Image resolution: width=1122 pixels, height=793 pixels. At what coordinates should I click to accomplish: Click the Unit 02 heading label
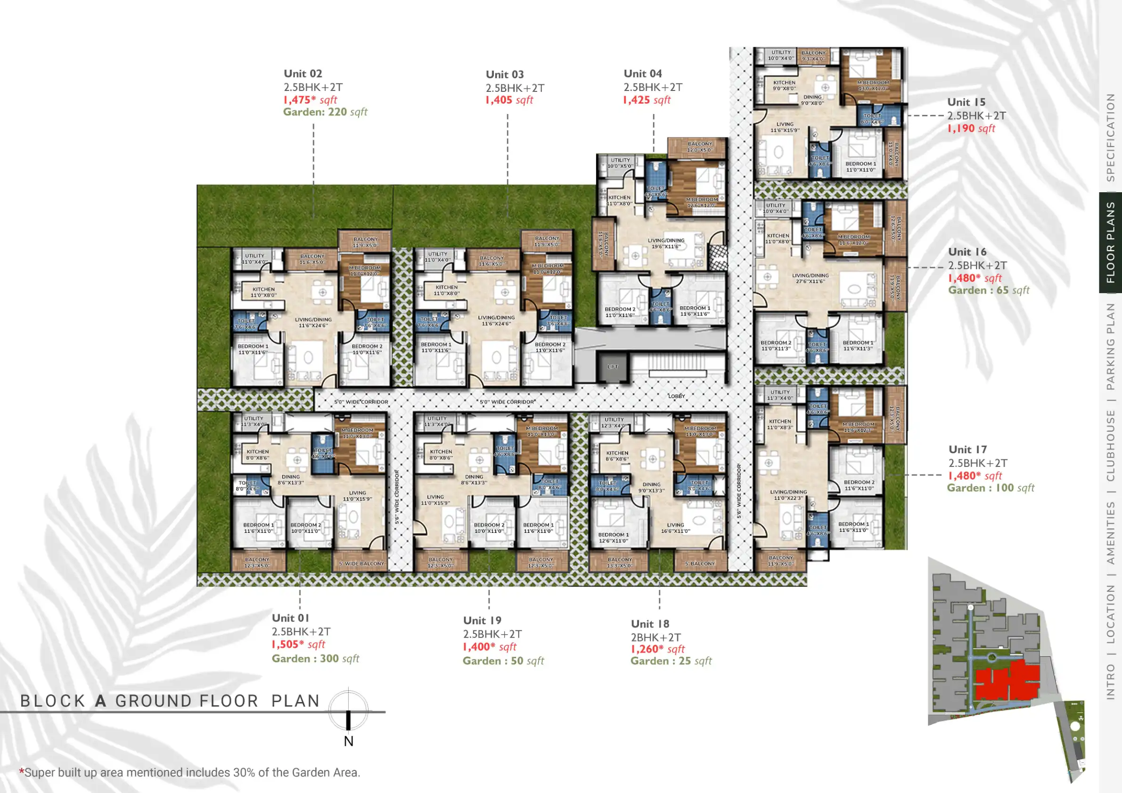point(303,74)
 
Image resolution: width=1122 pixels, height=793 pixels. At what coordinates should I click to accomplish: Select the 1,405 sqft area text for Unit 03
point(509,100)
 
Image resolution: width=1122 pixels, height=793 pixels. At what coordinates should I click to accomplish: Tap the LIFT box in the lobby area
point(612,367)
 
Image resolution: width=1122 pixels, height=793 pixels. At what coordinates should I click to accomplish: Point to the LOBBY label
point(676,396)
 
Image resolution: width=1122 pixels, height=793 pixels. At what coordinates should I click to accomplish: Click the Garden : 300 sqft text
point(315,659)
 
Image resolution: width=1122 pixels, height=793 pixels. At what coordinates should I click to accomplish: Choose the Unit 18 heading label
point(649,624)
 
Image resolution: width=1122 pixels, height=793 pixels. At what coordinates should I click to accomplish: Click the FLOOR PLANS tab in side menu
point(1110,243)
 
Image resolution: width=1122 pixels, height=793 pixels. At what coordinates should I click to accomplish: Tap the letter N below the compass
point(348,741)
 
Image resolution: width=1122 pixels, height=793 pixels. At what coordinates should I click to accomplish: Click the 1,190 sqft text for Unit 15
point(971,129)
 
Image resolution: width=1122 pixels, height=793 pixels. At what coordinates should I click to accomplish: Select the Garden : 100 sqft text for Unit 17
point(991,488)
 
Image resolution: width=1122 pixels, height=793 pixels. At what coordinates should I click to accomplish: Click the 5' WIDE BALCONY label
point(361,564)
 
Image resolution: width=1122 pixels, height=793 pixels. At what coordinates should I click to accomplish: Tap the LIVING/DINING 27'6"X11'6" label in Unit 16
point(810,278)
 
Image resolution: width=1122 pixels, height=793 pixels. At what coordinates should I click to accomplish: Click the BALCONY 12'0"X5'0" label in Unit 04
point(700,147)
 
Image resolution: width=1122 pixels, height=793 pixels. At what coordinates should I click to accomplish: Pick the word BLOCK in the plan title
point(53,701)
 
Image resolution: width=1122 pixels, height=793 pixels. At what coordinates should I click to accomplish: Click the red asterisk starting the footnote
point(22,771)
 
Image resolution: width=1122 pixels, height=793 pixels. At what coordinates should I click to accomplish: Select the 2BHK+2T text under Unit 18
point(655,637)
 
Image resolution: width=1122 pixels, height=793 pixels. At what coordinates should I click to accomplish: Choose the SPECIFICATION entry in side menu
point(1110,137)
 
